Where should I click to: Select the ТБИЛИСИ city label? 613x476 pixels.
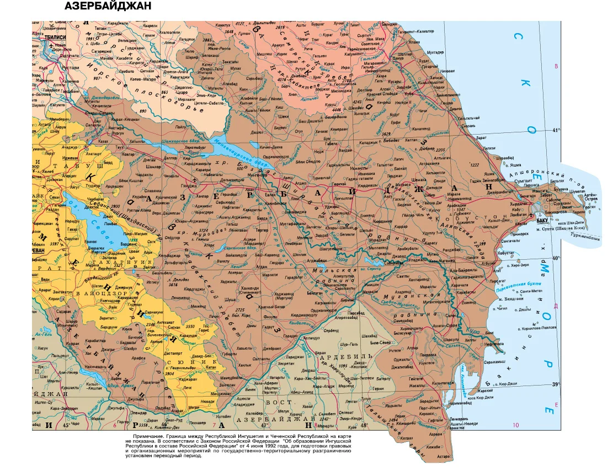pyautogui.click(x=56, y=37)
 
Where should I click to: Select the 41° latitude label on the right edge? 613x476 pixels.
pyautogui.click(x=556, y=130)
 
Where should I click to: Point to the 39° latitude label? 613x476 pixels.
pyautogui.click(x=556, y=384)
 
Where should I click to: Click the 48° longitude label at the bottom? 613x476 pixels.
pyautogui.click(x=364, y=425)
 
